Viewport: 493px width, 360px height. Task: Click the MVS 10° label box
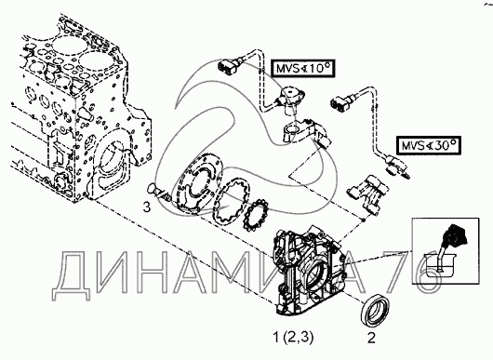(x=304, y=68)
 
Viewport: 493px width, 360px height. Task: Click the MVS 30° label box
(x=429, y=145)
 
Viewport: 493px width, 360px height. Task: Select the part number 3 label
(x=147, y=207)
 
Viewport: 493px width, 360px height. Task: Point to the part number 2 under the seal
(x=371, y=338)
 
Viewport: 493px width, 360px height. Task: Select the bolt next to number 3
(x=159, y=193)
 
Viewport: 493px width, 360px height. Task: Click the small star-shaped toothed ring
(x=256, y=216)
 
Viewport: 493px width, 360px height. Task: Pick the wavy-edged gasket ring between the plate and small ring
(x=232, y=202)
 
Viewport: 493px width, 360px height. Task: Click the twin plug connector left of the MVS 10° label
(x=227, y=66)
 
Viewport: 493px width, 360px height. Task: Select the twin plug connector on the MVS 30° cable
(x=340, y=103)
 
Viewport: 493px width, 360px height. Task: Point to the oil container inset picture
(x=446, y=250)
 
